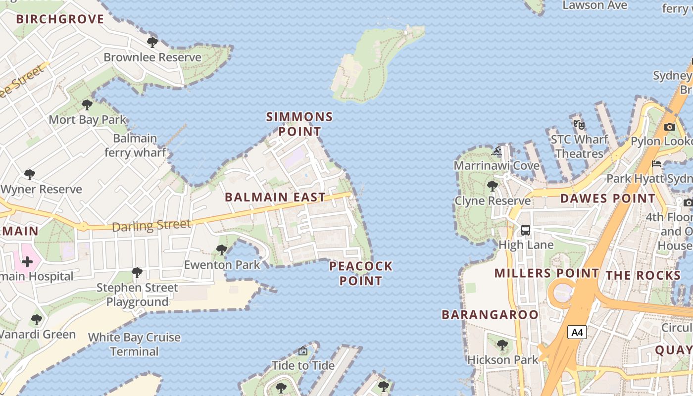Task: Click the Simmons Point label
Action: (299, 124)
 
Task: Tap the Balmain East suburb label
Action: (275, 197)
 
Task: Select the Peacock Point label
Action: (360, 273)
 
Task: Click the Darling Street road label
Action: (151, 226)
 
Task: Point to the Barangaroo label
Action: (490, 315)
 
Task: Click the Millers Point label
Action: (546, 273)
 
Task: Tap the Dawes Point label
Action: (607, 198)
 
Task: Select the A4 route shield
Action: (577, 332)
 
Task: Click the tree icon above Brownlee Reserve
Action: (152, 42)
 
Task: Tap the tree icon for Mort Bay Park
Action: (87, 105)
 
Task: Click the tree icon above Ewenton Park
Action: (222, 250)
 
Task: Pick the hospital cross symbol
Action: (27, 261)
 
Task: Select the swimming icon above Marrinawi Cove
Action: (497, 151)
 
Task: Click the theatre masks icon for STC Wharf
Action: (579, 125)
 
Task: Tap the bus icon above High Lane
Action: (526, 230)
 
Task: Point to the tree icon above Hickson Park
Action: (502, 345)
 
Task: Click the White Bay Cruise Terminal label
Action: (134, 345)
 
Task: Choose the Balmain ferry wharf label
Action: (135, 146)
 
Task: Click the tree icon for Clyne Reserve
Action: (492, 186)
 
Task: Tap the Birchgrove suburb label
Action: (60, 19)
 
